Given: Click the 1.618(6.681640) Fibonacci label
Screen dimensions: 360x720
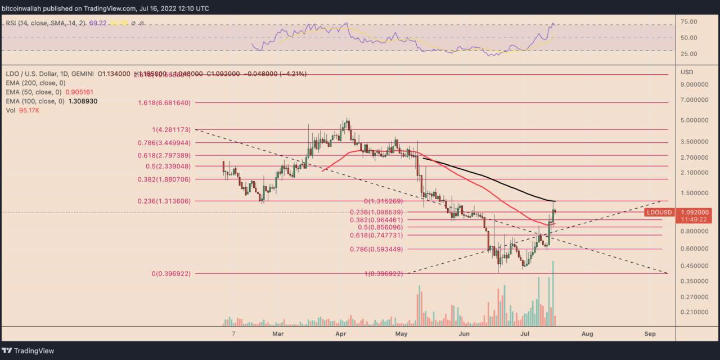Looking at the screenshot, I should pyautogui.click(x=164, y=103).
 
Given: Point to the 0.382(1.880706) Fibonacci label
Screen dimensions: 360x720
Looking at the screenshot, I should pyautogui.click(x=164, y=179).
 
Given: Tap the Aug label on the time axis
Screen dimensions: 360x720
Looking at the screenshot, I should pyautogui.click(x=587, y=334).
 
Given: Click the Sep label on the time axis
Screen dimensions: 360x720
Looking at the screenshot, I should pyautogui.click(x=650, y=334).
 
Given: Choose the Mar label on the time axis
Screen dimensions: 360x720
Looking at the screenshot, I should pyautogui.click(x=277, y=334).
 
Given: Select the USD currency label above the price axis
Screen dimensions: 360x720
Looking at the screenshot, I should pyautogui.click(x=687, y=72).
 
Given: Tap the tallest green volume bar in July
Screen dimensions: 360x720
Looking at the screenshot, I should pyautogui.click(x=553, y=292).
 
